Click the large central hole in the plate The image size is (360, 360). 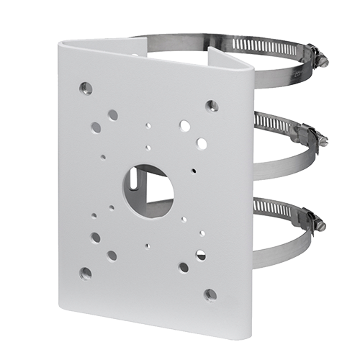tap(148, 188)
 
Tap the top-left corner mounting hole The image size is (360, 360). tap(86, 88)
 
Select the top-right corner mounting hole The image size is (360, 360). tap(211, 106)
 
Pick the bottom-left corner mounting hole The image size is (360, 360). tap(86, 273)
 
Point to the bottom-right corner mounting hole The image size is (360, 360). tap(210, 294)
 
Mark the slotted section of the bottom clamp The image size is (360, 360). tap(277, 210)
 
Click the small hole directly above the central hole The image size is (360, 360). tap(148, 148)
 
